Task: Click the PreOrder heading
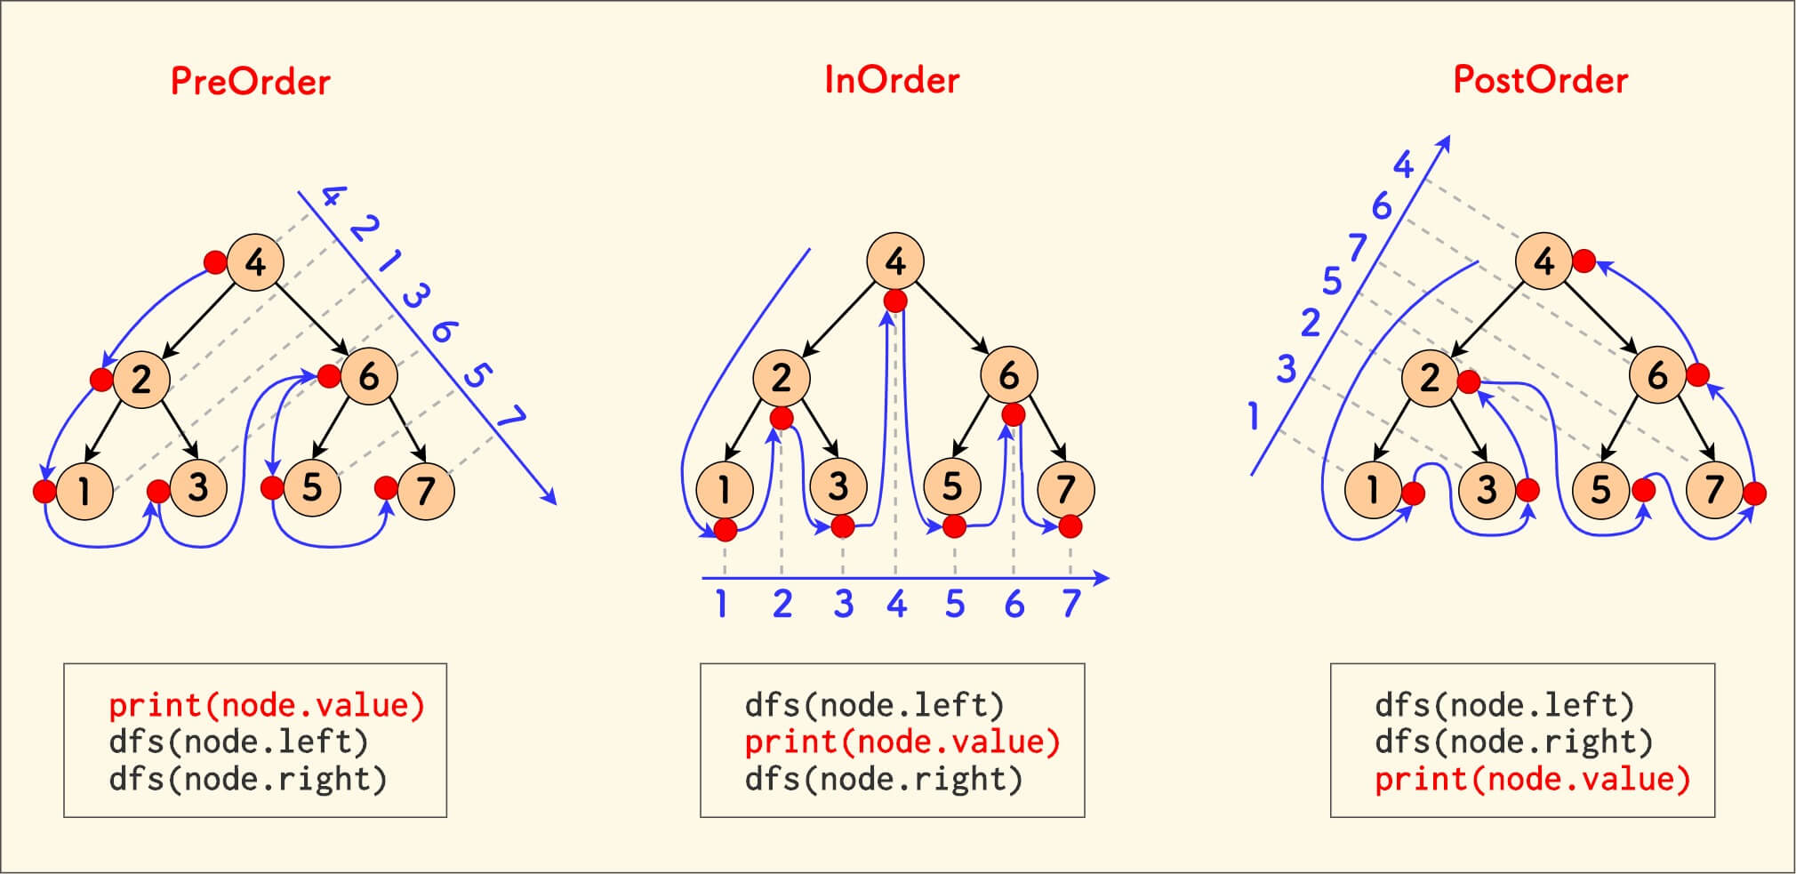[x=250, y=82]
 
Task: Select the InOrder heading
[x=892, y=80]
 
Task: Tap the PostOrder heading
[x=1540, y=80]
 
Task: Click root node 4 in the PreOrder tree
[x=255, y=262]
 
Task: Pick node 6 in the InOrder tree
[x=1008, y=376]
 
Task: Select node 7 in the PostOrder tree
[x=1714, y=489]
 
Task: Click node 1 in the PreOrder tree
[x=84, y=490]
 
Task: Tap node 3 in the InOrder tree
[x=838, y=487]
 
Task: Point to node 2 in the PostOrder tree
[x=1429, y=378]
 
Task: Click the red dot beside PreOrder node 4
[x=215, y=261]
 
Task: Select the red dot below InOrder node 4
[x=895, y=301]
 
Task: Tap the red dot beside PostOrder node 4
[x=1584, y=261]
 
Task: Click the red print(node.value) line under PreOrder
[x=267, y=705]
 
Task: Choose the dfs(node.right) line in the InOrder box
[x=884, y=779]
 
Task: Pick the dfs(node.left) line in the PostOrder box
[x=1504, y=705]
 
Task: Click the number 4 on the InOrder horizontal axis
[x=896, y=605]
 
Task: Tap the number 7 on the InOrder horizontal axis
[x=1070, y=605]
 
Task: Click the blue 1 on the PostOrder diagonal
[x=1254, y=415]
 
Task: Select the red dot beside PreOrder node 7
[x=386, y=487]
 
